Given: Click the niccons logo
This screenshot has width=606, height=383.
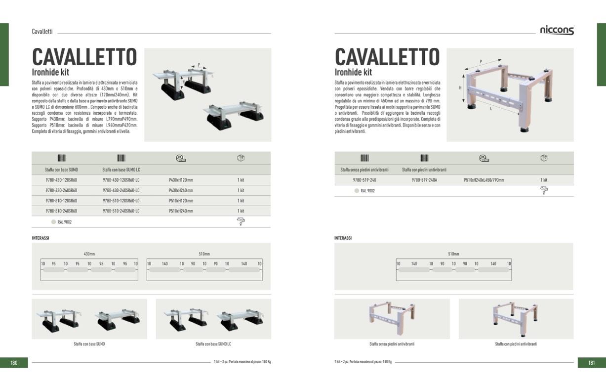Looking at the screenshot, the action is [557, 30].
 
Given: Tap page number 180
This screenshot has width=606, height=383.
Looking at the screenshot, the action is [14, 363].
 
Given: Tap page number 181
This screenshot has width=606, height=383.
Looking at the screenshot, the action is [592, 363].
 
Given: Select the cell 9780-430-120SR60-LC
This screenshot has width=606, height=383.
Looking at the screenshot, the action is [121, 180].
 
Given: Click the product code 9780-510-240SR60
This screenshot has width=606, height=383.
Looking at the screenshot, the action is [61, 211].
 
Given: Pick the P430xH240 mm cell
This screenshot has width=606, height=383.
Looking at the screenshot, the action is [181, 190].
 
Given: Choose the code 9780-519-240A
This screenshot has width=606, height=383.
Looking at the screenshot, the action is [424, 180].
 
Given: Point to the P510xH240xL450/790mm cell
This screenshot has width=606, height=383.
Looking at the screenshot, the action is [484, 180].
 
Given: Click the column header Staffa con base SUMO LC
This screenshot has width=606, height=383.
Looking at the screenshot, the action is [121, 170].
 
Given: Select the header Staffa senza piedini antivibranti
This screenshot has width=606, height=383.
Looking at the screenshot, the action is [364, 170].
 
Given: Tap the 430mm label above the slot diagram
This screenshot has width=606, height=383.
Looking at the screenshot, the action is [89, 254].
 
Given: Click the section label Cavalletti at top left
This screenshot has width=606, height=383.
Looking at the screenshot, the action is [42, 32].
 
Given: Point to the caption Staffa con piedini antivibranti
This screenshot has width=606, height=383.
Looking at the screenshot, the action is [516, 344].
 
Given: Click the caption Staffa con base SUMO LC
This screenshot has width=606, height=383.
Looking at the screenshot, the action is [213, 344].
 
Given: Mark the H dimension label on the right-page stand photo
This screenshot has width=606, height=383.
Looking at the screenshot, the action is [460, 87].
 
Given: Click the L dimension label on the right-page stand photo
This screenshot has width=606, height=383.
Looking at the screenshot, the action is [491, 109].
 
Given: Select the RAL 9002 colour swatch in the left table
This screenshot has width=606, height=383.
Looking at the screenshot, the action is [53, 222].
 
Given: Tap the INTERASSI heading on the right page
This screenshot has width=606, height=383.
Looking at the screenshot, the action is [343, 238].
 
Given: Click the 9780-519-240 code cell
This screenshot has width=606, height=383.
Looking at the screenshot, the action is [364, 180].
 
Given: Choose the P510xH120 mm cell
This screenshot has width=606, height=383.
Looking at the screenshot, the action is [181, 201].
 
